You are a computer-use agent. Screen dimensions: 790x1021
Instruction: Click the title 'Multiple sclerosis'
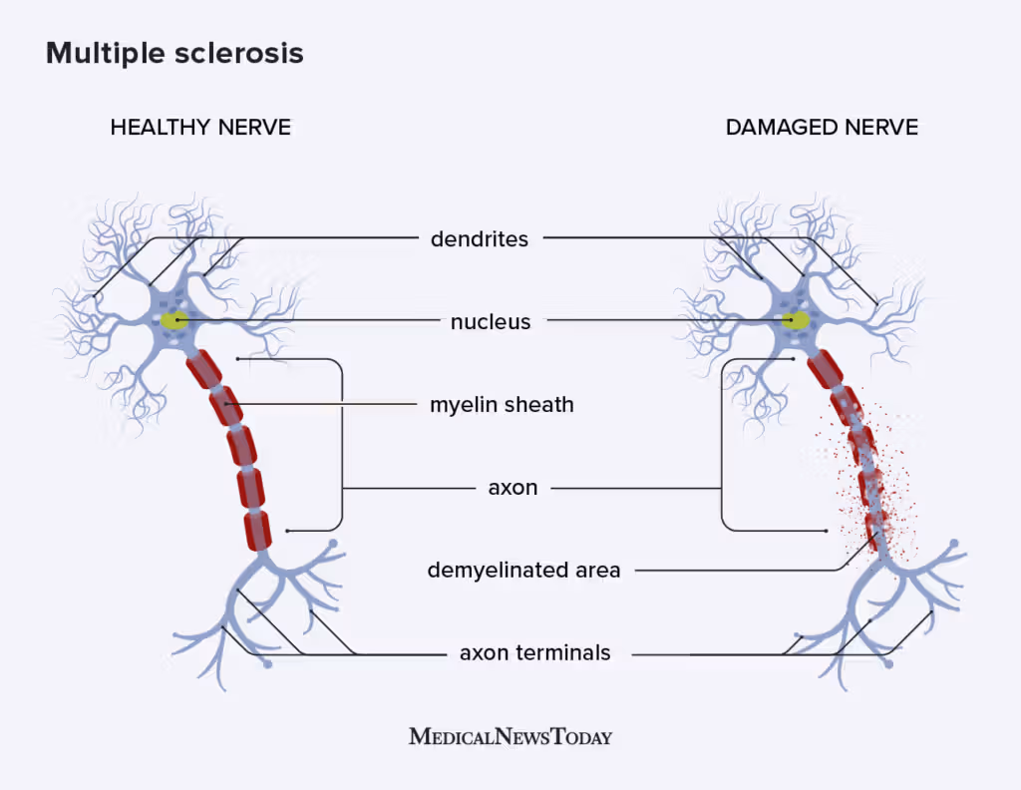174,54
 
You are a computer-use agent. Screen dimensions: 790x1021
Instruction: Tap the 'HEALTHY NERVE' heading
200,128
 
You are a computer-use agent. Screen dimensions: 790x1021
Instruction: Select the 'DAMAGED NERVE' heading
822,128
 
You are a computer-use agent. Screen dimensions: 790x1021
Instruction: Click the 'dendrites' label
480,239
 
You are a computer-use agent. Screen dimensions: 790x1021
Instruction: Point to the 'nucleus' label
491,322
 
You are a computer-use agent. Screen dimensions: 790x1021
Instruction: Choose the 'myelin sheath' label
502,405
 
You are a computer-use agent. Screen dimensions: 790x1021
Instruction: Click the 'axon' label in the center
512,488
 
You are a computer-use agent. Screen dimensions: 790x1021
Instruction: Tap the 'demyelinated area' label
523,571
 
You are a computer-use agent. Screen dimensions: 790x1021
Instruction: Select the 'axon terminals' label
534,653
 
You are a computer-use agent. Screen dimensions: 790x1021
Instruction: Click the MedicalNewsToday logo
510,737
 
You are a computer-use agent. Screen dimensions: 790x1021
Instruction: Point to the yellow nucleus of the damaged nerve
796,320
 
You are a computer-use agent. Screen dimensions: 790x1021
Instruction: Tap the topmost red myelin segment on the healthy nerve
203,369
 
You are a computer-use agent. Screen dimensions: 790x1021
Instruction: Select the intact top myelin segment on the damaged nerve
825,370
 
